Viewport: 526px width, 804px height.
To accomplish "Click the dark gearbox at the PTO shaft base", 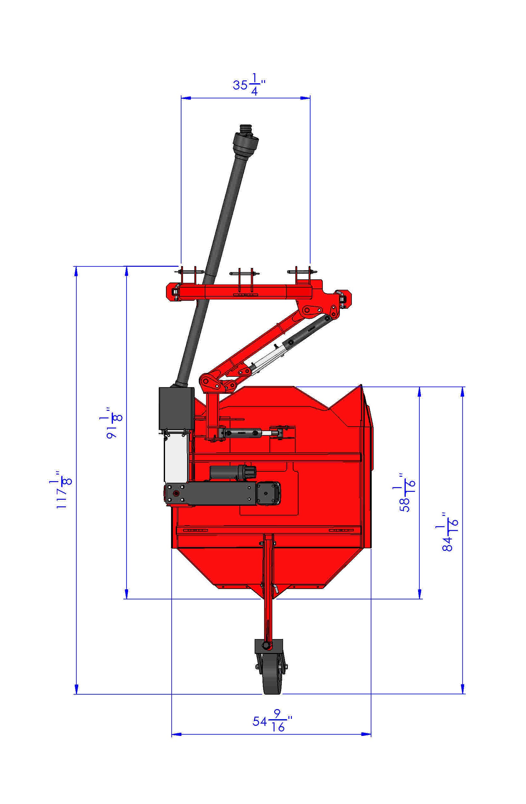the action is click(176, 408).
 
